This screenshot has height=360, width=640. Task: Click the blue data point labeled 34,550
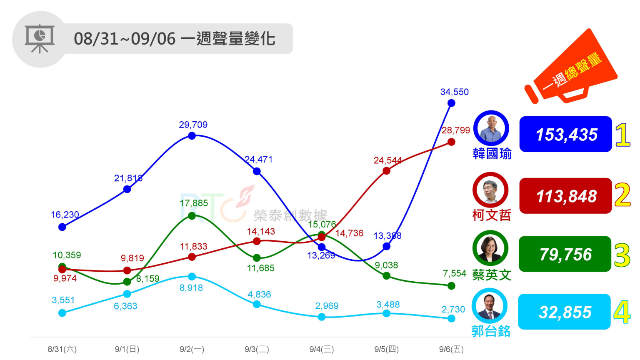pyautogui.click(x=451, y=103)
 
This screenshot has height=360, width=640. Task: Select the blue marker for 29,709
pyautogui.click(x=192, y=136)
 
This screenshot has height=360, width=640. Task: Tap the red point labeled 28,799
pyautogui.click(x=451, y=142)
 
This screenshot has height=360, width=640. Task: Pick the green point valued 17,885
pyautogui.click(x=192, y=216)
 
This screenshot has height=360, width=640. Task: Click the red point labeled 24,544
pyautogui.click(x=386, y=171)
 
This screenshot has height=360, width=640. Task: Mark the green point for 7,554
pyautogui.click(x=451, y=286)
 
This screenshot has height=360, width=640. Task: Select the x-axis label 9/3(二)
pyautogui.click(x=257, y=349)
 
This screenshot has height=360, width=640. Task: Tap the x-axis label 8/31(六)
pyautogui.click(x=62, y=349)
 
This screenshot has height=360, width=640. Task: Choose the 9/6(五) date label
pyautogui.click(x=451, y=349)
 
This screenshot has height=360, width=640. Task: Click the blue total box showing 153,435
pyautogui.click(x=565, y=134)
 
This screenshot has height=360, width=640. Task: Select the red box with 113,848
pyautogui.click(x=565, y=196)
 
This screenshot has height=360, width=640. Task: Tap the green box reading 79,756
pyautogui.click(x=565, y=254)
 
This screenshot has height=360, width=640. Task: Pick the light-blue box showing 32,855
pyautogui.click(x=564, y=312)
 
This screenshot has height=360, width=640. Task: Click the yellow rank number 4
pyautogui.click(x=622, y=312)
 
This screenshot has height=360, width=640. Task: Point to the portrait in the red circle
pyautogui.click(x=490, y=190)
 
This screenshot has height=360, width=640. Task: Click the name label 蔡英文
pyautogui.click(x=492, y=275)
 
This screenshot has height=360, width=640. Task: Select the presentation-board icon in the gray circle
pyautogui.click(x=40, y=39)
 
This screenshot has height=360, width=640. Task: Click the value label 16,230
pyautogui.click(x=65, y=215)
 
